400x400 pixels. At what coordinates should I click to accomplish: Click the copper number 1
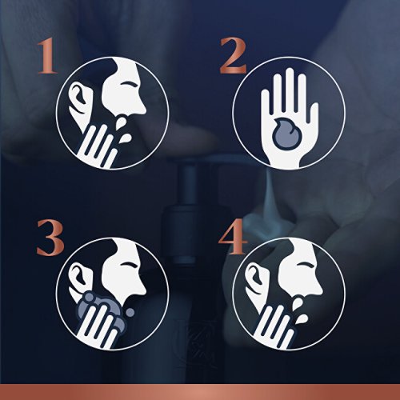point(47,57)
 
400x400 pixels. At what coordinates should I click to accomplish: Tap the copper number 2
point(233,56)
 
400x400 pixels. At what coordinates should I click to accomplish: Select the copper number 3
point(50,238)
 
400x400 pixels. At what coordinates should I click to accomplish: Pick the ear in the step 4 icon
point(255,278)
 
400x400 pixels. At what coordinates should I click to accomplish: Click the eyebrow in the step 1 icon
point(129,82)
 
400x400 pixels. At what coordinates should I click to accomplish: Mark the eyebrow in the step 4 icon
point(305,263)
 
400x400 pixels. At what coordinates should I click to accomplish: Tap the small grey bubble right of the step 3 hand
point(130,312)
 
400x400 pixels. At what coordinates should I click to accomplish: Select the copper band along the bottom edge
point(200,392)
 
